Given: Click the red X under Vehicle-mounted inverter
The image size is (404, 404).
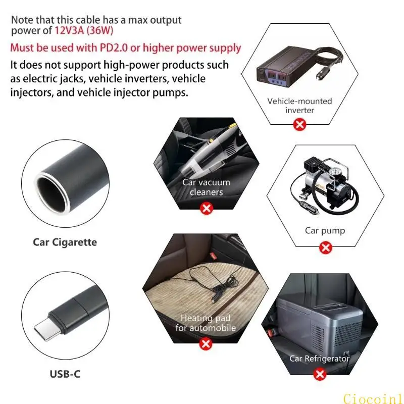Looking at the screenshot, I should point(300,124).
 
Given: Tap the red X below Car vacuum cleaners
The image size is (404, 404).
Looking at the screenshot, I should point(206,208).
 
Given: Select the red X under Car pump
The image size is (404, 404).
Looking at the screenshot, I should point(326,247).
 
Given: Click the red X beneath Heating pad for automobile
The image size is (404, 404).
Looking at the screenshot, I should point(206,344).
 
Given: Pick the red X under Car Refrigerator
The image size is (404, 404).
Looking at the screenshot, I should point(319,374).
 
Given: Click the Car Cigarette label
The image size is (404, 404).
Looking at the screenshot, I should point(65,242).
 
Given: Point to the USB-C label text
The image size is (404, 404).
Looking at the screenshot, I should point(65,374).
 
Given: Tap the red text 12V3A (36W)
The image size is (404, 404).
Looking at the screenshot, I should point(84,30).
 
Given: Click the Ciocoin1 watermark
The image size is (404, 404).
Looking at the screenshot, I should point(372,398).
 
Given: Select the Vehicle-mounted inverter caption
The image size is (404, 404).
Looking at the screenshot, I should point(299,105).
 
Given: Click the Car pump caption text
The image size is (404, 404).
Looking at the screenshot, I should point(325,230).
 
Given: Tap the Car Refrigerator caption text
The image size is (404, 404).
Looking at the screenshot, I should point(319,358).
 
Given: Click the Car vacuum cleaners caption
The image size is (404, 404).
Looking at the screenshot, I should point(206,187).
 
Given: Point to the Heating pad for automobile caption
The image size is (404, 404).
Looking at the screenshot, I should point(206,323).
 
